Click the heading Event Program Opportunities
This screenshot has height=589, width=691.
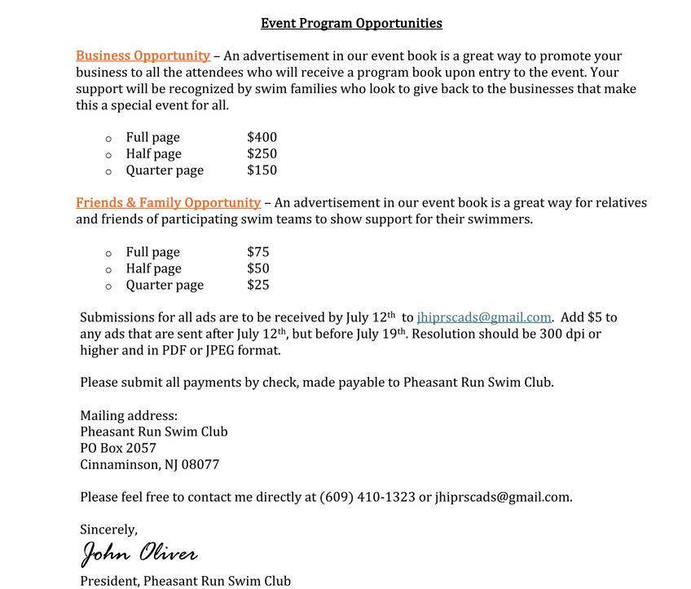[351, 24]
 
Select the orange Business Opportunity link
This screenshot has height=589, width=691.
[143, 56]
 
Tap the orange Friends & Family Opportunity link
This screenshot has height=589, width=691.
[168, 203]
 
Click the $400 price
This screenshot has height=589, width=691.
[262, 138]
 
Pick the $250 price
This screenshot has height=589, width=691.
[262, 154]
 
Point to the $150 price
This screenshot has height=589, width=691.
[262, 170]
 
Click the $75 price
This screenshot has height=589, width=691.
[257, 252]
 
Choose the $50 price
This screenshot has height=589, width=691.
[257, 268]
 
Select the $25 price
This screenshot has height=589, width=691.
[257, 285]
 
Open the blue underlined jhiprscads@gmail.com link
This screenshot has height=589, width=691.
[484, 317]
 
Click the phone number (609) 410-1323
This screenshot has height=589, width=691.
[368, 497]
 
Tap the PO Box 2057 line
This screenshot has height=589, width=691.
[118, 448]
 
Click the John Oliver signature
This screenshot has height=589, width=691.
[139, 554]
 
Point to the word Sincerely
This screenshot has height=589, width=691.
[108, 529]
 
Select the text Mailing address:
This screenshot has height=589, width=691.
[129, 415]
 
